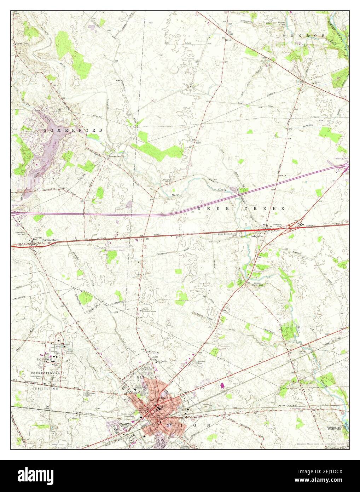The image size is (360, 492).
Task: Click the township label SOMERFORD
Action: (74, 130)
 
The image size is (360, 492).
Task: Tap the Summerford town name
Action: (49, 240)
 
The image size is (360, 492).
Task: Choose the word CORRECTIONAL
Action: (45, 373)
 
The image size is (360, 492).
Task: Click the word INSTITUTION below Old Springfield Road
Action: (45, 388)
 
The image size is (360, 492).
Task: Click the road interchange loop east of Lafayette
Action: (290, 227)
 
